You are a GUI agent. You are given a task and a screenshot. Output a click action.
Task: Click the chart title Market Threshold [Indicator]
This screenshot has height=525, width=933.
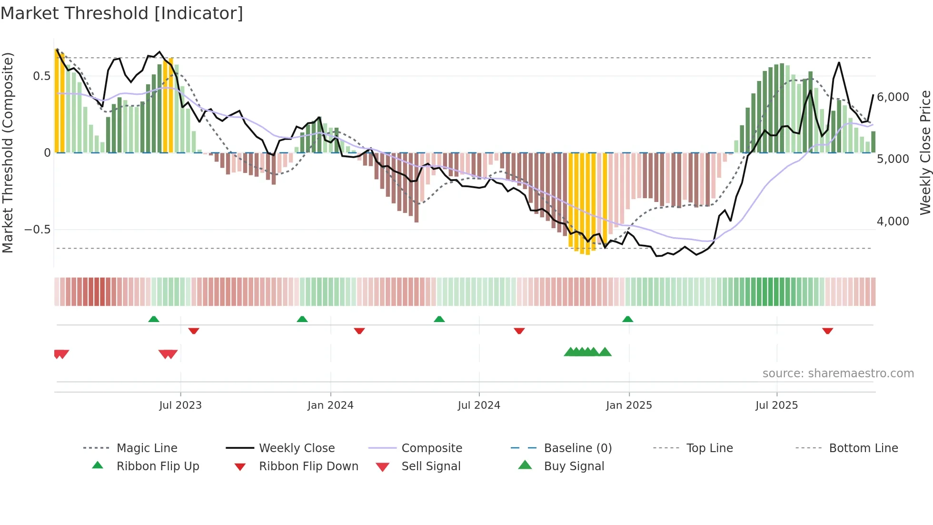tap(122, 13)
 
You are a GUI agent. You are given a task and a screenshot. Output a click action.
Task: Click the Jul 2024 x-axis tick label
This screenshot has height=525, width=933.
tap(479, 405)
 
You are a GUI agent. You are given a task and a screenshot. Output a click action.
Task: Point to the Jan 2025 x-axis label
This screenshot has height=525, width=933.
tap(629, 405)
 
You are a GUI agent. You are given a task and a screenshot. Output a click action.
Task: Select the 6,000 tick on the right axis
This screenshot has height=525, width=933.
tap(893, 97)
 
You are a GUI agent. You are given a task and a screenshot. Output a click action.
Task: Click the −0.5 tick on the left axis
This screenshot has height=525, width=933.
tap(38, 230)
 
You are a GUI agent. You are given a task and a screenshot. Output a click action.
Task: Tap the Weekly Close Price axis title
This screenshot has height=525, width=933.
tap(925, 152)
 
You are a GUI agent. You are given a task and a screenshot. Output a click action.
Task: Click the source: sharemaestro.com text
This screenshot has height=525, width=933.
tap(838, 374)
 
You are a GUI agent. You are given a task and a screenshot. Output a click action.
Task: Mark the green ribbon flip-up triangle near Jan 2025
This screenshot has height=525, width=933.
tap(628, 319)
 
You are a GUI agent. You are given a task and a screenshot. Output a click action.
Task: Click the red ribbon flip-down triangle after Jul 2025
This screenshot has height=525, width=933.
tap(827, 331)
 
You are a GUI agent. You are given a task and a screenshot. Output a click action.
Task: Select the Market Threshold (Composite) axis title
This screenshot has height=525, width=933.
tap(8, 152)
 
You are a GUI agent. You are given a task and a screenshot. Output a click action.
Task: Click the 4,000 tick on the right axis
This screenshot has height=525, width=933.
tap(893, 222)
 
